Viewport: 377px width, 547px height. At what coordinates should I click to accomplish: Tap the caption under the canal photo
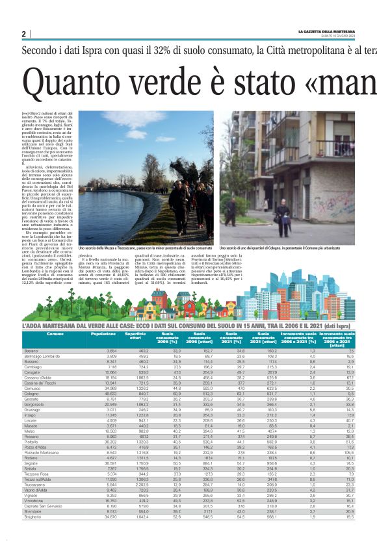click(145, 248)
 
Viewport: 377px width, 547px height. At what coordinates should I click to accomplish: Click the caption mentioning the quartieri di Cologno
click(289, 248)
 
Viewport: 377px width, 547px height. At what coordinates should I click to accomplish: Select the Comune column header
click(55, 333)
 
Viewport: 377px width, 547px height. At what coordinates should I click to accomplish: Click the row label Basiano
click(32, 350)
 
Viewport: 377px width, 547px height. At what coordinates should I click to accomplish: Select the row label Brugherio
click(34, 534)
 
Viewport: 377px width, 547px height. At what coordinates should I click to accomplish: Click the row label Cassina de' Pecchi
click(40, 383)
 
